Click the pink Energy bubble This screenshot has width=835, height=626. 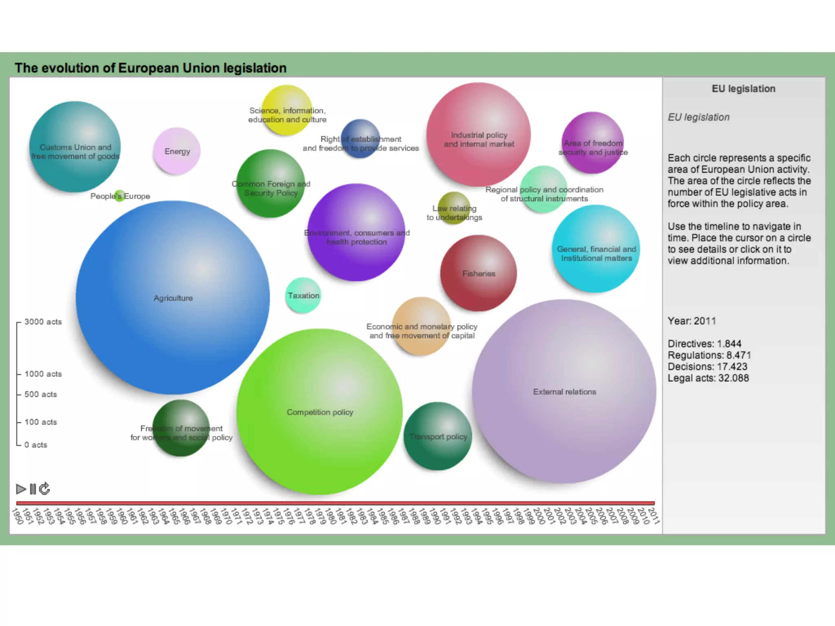tap(177, 151)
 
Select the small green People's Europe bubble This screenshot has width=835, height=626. tap(119, 196)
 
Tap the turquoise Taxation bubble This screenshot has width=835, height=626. tap(303, 295)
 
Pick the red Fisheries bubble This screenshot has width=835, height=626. tap(478, 273)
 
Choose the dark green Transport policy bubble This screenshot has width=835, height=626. tap(437, 436)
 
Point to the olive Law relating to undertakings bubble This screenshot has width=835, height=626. tap(454, 208)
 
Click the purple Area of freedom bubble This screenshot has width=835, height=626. tap(593, 143)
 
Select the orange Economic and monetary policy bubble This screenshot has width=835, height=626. tap(422, 326)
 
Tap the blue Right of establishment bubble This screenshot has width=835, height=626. tap(360, 139)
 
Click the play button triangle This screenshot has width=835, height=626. tap(21, 489)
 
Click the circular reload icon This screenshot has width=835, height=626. tap(44, 489)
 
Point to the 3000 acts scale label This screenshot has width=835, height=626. tap(43, 322)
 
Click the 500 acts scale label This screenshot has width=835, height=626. tap(40, 395)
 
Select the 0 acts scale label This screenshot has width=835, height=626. tap(35, 445)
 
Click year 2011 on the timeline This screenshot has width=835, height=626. tap(653, 516)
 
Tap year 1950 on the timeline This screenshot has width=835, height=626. tap(17, 516)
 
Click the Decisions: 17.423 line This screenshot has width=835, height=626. tap(707, 367)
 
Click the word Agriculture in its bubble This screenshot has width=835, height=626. tap(173, 298)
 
